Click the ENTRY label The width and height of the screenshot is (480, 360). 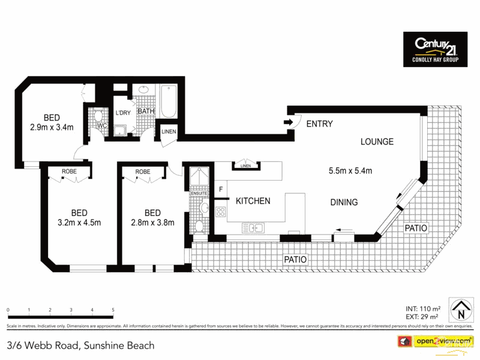pyautogui.click(x=319, y=124)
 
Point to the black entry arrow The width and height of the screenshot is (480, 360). pyautogui.click(x=288, y=123)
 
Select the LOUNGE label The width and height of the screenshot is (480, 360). pyautogui.click(x=377, y=142)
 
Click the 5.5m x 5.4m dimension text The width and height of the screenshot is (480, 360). pyautogui.click(x=350, y=170)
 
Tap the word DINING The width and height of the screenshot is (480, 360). pyautogui.click(x=344, y=203)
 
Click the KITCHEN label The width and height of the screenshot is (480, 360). pyautogui.click(x=253, y=201)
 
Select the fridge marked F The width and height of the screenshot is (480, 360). pyautogui.click(x=221, y=190)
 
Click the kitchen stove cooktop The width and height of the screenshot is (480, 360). pyautogui.click(x=220, y=211)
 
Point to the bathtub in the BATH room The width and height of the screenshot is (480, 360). pyautogui.click(x=167, y=102)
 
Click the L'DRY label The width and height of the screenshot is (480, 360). pyautogui.click(x=123, y=113)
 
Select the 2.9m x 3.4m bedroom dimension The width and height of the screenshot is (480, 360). pyautogui.click(x=52, y=127)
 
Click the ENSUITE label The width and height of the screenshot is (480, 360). pyautogui.click(x=199, y=194)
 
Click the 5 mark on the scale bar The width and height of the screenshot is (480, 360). pyautogui.click(x=113, y=310)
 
